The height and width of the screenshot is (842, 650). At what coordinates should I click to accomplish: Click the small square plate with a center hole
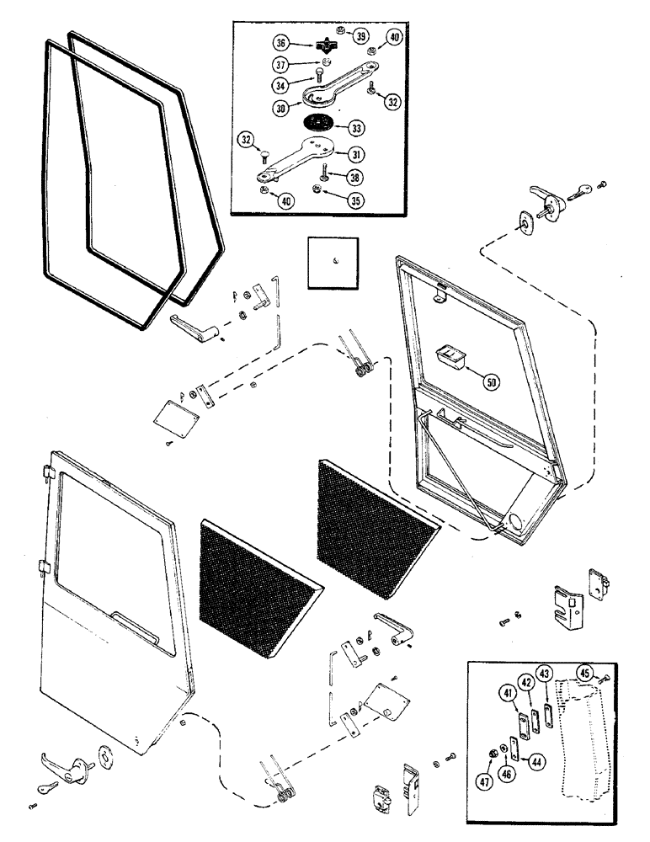point(333,259)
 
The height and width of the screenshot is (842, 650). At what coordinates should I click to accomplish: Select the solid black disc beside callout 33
point(317,125)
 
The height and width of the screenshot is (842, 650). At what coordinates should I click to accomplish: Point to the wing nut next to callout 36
point(328,45)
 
